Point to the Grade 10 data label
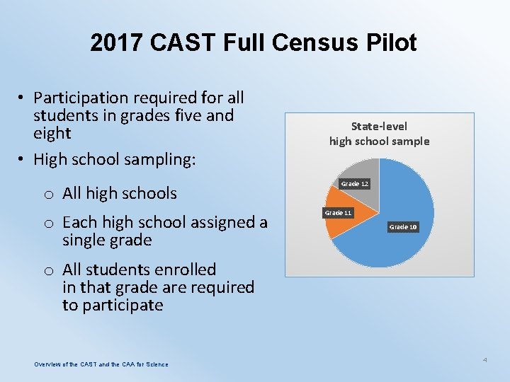click(402, 226)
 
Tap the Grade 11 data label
click(338, 212)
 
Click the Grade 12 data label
click(354, 184)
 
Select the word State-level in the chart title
click(379, 127)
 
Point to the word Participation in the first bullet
click(79, 97)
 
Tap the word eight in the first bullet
click(52, 133)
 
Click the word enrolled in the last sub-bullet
click(183, 270)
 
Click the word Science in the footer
click(155, 364)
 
